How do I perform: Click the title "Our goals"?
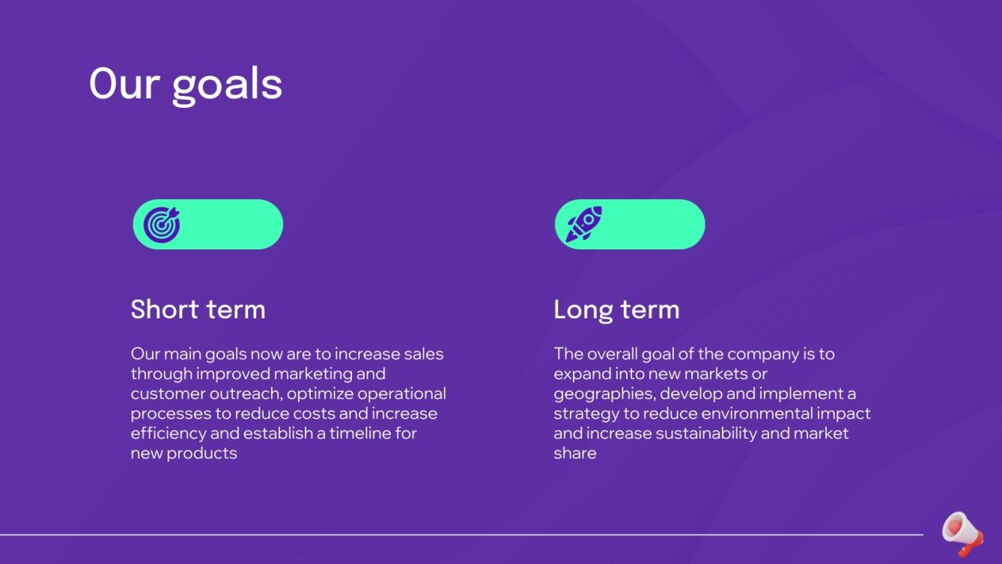click(x=185, y=83)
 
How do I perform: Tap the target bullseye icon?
click(x=162, y=224)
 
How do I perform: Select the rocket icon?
click(x=583, y=224)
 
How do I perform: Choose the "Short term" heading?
click(x=198, y=309)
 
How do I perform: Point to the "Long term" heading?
click(x=616, y=309)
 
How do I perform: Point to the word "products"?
click(x=201, y=453)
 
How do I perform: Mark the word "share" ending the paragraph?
click(x=574, y=453)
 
